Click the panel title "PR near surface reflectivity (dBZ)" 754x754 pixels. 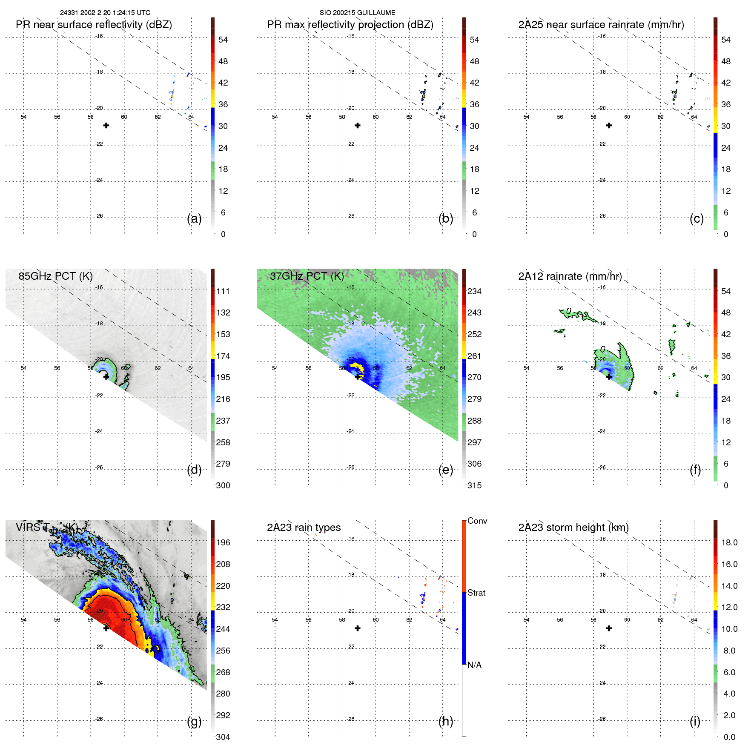pos(94,25)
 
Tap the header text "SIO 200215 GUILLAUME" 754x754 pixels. pos(357,13)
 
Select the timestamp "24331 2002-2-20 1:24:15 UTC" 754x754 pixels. pos(105,13)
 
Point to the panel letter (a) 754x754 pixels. pos(194,219)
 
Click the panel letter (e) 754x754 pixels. pos(445,470)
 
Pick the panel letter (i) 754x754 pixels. pos(695,721)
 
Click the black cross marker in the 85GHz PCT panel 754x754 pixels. pos(106,377)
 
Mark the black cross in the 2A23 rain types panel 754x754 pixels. pos(358,628)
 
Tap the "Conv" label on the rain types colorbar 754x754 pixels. pos(477,521)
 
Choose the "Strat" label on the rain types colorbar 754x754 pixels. pos(476,593)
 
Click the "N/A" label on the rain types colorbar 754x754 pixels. pos(474,665)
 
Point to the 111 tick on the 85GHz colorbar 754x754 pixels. pos(223,291)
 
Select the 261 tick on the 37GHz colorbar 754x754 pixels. pos(474,356)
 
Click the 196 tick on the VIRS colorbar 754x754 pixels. pos(223,542)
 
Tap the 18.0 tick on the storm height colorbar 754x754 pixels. pos(729,542)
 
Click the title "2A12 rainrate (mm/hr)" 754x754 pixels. pos(570,276)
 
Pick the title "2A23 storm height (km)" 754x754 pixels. pos(573,528)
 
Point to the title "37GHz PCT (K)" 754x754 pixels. pos(307,276)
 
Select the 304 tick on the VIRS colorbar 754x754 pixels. pos(223,737)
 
